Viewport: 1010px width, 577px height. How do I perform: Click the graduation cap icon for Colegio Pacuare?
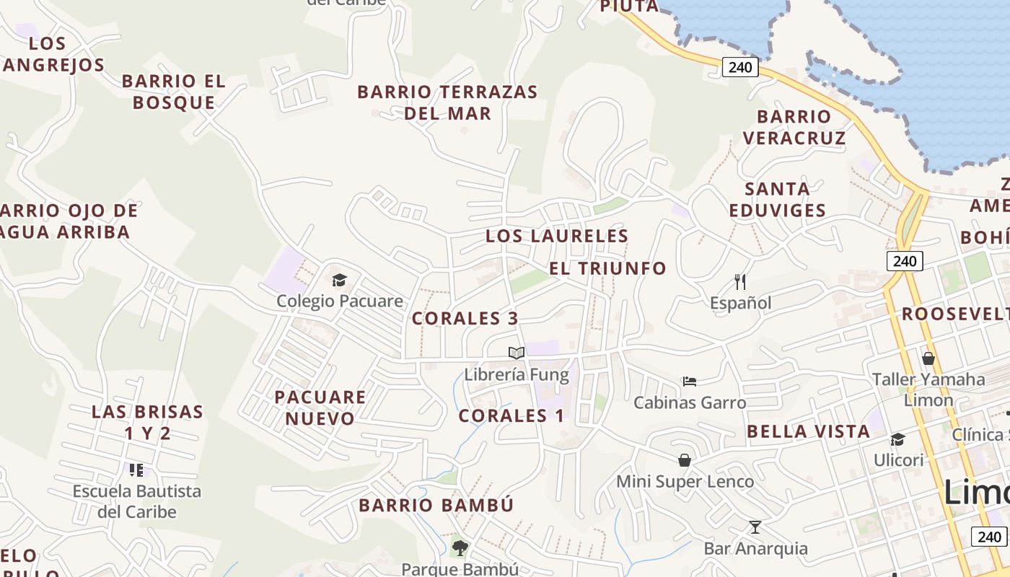tap(339, 280)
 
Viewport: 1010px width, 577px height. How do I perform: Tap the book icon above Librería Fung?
tap(516, 353)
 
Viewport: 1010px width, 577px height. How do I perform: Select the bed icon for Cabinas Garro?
tap(690, 381)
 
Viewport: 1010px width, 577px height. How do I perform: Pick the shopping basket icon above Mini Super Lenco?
tap(685, 459)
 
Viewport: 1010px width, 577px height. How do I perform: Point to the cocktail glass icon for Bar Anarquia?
tap(755, 527)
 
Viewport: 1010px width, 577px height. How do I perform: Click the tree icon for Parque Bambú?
tap(460, 548)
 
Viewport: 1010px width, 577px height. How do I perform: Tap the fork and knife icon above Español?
tap(740, 281)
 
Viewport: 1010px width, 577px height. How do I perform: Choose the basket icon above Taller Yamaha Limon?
tap(928, 358)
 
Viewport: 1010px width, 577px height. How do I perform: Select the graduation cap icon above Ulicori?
tap(898, 439)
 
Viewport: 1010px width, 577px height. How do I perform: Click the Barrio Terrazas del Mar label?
tap(447, 102)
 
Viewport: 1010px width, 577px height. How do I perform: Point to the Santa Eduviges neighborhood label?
tap(777, 199)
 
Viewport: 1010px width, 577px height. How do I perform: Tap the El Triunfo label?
tap(607, 268)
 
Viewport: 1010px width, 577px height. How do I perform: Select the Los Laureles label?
tap(557, 236)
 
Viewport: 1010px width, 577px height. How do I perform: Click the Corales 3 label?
tap(465, 318)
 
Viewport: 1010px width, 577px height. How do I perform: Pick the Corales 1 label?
tap(511, 415)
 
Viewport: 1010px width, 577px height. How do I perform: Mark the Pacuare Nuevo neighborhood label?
tap(320, 408)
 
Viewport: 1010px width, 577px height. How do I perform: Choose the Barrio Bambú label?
tap(436, 505)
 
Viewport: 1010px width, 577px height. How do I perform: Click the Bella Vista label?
tap(808, 431)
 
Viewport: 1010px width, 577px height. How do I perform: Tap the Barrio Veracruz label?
tap(794, 127)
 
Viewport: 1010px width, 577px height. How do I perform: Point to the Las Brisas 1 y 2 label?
tap(148, 422)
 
